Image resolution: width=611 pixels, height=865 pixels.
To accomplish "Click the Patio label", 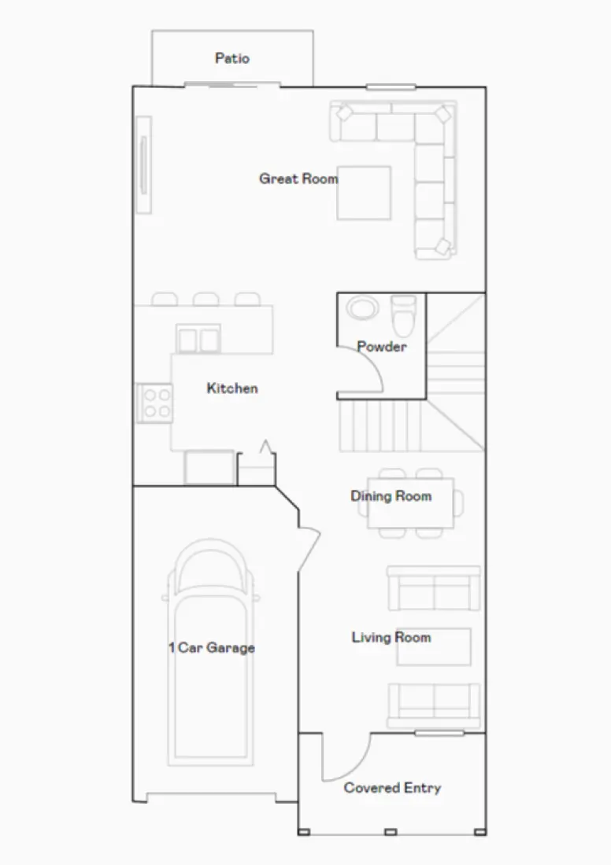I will click(x=232, y=58).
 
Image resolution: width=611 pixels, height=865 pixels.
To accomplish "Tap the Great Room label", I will click(x=298, y=179).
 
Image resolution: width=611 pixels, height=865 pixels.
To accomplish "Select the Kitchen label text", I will click(x=232, y=388).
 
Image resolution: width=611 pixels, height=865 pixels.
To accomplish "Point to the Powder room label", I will click(x=382, y=346).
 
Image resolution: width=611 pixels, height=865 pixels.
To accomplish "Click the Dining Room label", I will click(x=391, y=496).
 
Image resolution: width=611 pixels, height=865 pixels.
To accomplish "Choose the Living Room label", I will click(x=391, y=637).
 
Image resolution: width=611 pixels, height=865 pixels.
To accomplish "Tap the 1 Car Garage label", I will click(x=211, y=648).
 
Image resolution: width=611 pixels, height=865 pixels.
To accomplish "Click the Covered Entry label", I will click(x=392, y=788).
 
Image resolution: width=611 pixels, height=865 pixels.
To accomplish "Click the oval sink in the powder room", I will click(x=362, y=307).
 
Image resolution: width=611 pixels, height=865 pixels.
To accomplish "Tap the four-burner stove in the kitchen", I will click(x=154, y=402).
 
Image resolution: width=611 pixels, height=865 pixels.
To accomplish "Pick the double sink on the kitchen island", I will click(x=198, y=340).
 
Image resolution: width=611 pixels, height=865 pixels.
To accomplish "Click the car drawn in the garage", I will click(x=211, y=653).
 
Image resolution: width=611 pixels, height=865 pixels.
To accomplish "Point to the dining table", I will click(x=410, y=503).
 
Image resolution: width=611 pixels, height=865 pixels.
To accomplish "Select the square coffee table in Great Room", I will click(x=364, y=193).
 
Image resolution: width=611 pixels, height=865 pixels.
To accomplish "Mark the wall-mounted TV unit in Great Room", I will click(x=144, y=164).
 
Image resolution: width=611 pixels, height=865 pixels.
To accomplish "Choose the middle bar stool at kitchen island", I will click(x=206, y=299).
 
